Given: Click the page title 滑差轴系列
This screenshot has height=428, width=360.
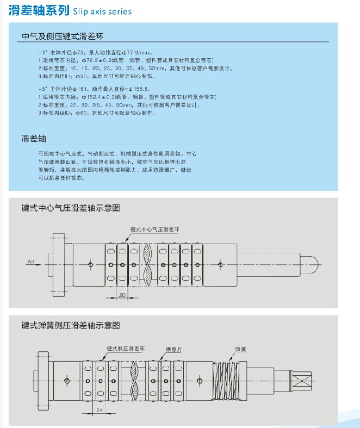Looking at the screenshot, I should coord(39,10).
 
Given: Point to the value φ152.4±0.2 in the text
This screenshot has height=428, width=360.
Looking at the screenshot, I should coord(96,96).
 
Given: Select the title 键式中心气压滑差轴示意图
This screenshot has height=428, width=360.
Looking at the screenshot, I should coord(70,208).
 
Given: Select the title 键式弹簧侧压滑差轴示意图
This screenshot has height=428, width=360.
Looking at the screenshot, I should coord(70,325).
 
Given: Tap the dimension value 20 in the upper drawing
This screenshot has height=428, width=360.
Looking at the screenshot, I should coord(122,294).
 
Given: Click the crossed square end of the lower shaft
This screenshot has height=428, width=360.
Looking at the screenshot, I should coord(301,380).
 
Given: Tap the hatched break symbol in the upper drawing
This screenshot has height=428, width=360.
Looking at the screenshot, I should coord(148,265).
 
